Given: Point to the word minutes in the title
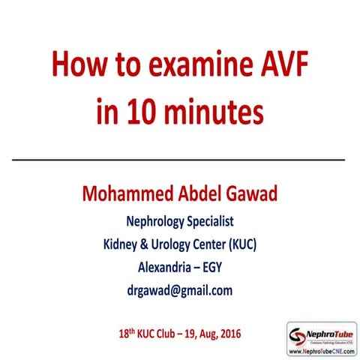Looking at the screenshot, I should [213, 110].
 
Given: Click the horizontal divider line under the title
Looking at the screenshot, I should [180, 160].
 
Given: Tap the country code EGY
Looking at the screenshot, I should [219, 266].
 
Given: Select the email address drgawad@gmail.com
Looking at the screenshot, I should [180, 289].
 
